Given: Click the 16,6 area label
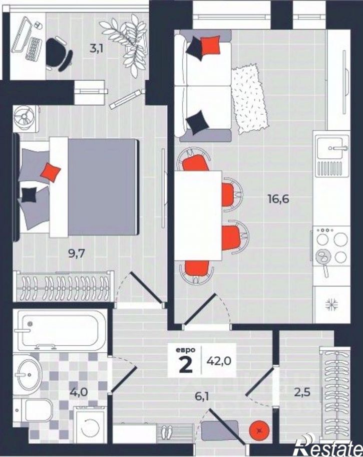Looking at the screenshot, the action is [x=278, y=199].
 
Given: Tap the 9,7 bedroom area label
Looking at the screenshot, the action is [x=76, y=254].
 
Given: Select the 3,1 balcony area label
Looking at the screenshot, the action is [x=97, y=49].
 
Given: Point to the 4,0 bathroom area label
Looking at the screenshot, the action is [x=79, y=392].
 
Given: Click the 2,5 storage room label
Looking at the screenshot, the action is [x=302, y=392].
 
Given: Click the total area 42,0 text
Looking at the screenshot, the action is [x=219, y=361].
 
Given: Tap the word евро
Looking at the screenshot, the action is [x=186, y=350].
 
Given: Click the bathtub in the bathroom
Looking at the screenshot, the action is [x=60, y=330].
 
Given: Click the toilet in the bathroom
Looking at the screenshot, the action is [x=34, y=410].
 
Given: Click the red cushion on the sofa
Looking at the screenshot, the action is [x=210, y=46].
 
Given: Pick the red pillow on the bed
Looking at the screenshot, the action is [x=51, y=172].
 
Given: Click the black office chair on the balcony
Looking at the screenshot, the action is [x=58, y=54].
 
